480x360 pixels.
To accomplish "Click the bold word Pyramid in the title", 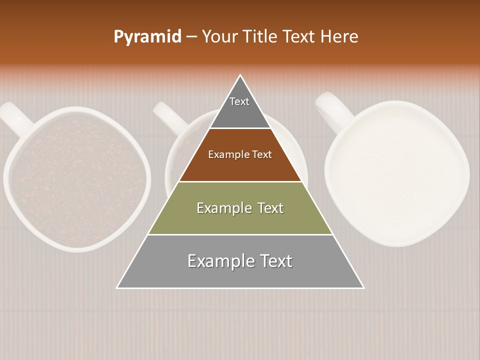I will (x=147, y=37).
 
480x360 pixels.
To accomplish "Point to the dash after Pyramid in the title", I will (x=191, y=37).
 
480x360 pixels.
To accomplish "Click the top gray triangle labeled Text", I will (x=239, y=107).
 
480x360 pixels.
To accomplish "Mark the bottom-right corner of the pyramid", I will (x=363, y=287).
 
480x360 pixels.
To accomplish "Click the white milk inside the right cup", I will (x=397, y=172).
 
